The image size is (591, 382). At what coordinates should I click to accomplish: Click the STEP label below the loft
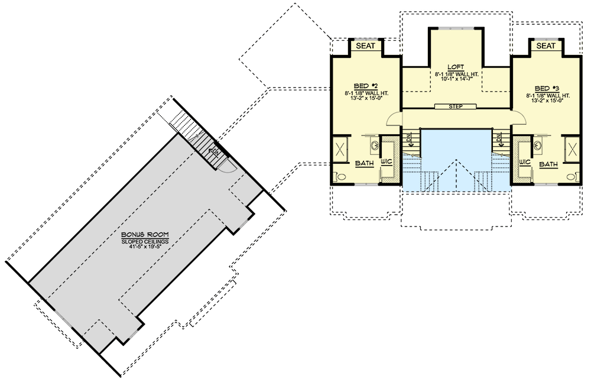[x=455, y=106]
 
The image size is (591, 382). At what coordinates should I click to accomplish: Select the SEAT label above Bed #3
[x=545, y=46]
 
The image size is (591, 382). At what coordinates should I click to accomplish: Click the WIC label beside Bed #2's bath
[x=388, y=161]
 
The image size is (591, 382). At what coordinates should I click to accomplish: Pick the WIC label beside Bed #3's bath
[x=524, y=161]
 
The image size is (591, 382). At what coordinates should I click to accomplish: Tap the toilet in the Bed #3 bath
[x=571, y=176]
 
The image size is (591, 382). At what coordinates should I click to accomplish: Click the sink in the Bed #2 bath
[x=373, y=144]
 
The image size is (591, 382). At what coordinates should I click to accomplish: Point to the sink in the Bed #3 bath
[x=538, y=144]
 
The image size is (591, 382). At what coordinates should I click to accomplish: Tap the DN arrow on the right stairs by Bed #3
[x=500, y=140]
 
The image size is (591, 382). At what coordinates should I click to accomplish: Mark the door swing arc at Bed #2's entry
[x=393, y=120]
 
